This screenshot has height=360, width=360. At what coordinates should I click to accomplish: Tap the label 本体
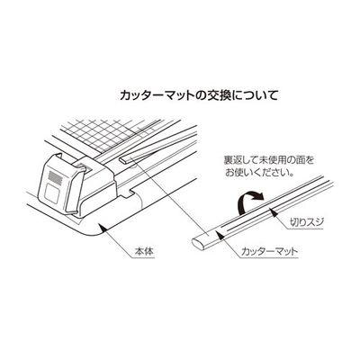pyautogui.click(x=144, y=251)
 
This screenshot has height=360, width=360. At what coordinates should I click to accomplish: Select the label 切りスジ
pyautogui.click(x=305, y=222)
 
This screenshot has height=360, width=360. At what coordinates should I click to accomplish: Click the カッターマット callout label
pyautogui.click(x=270, y=251)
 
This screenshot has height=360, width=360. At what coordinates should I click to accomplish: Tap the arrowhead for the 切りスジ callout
pyautogui.click(x=273, y=211)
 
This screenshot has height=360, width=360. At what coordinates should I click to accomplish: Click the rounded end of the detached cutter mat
pyautogui.click(x=196, y=242)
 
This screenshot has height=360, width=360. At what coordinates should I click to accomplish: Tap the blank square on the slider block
pyautogui.click(x=51, y=193)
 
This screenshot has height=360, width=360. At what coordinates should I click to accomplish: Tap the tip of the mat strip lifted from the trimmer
pyautogui.click(x=123, y=160)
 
